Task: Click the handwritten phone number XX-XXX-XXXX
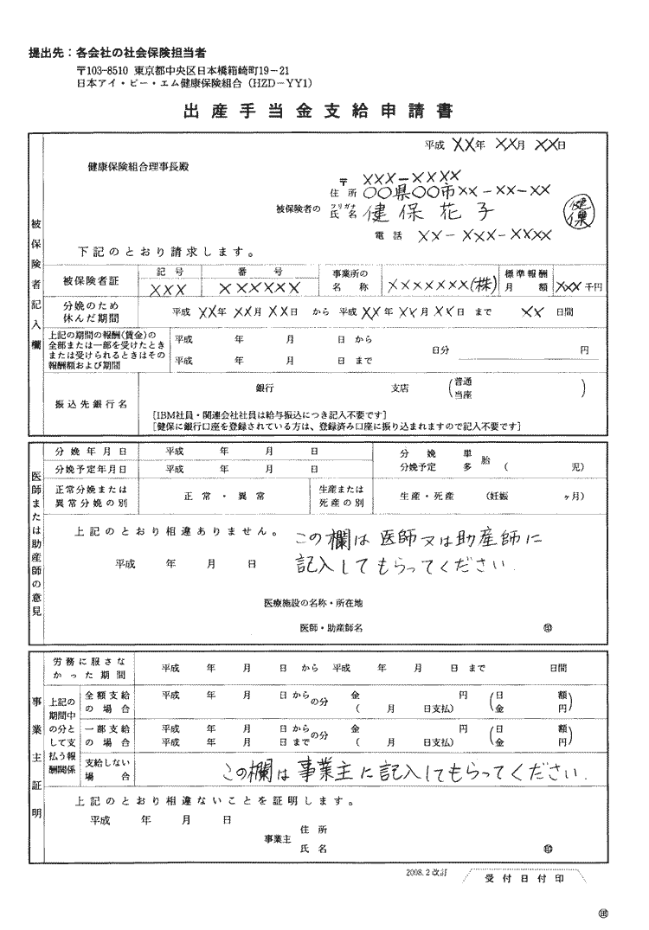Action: (x=484, y=235)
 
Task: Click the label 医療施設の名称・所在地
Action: (x=312, y=601)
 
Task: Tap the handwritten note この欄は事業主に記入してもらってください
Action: (x=404, y=769)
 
